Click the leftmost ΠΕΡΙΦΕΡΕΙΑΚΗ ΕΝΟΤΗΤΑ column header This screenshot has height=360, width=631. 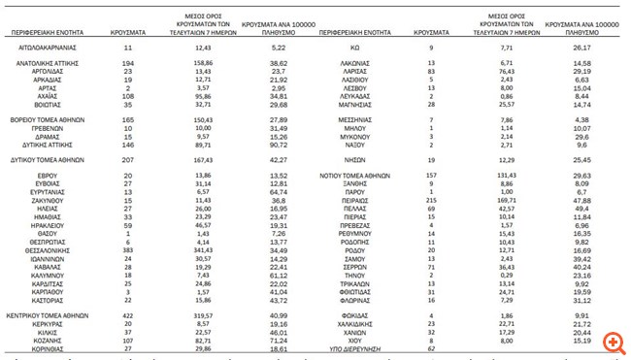pos(46,31)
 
